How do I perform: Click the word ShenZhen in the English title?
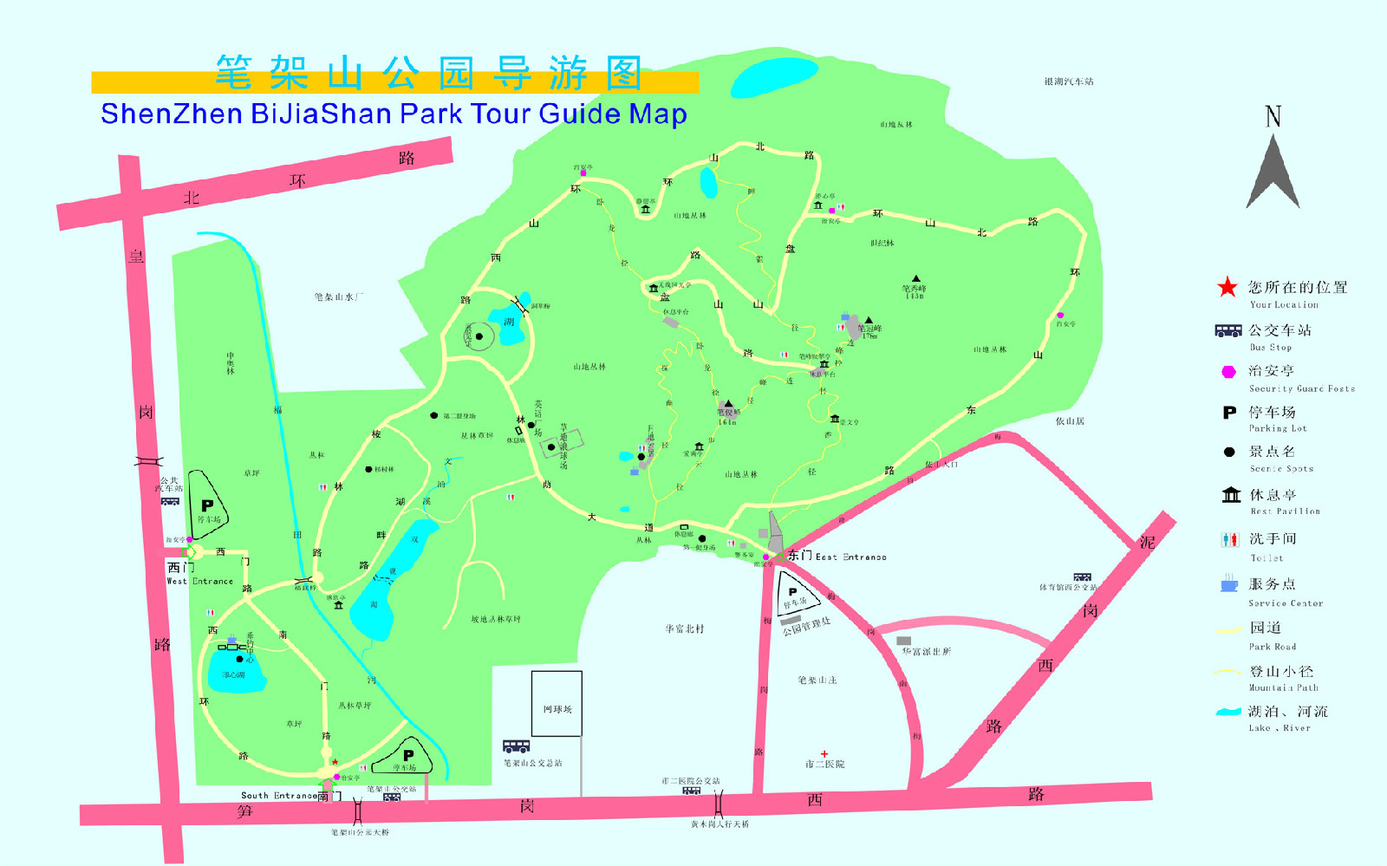171,114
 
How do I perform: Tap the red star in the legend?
1227,287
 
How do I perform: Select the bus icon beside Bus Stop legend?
1228,330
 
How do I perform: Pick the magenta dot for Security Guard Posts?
1228,372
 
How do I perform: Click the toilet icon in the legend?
1230,539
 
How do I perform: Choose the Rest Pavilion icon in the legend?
1231,494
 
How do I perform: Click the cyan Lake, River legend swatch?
1228,712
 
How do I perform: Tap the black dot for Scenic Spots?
1228,452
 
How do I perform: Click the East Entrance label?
837,557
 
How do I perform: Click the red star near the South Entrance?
335,762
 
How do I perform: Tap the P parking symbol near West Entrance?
207,505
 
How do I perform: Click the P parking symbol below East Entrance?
792,592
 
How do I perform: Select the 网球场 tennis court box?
557,704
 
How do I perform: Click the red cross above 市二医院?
824,754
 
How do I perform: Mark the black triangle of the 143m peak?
915,278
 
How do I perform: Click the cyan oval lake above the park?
774,77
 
